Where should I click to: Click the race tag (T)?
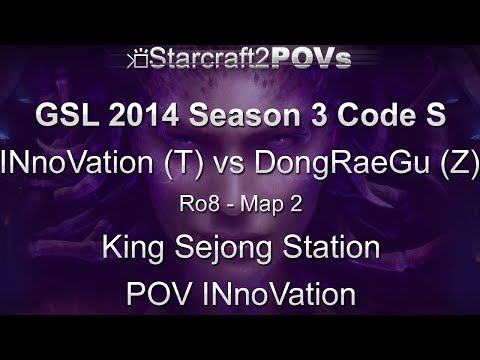[183, 161]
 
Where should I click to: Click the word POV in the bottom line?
[158, 295]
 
